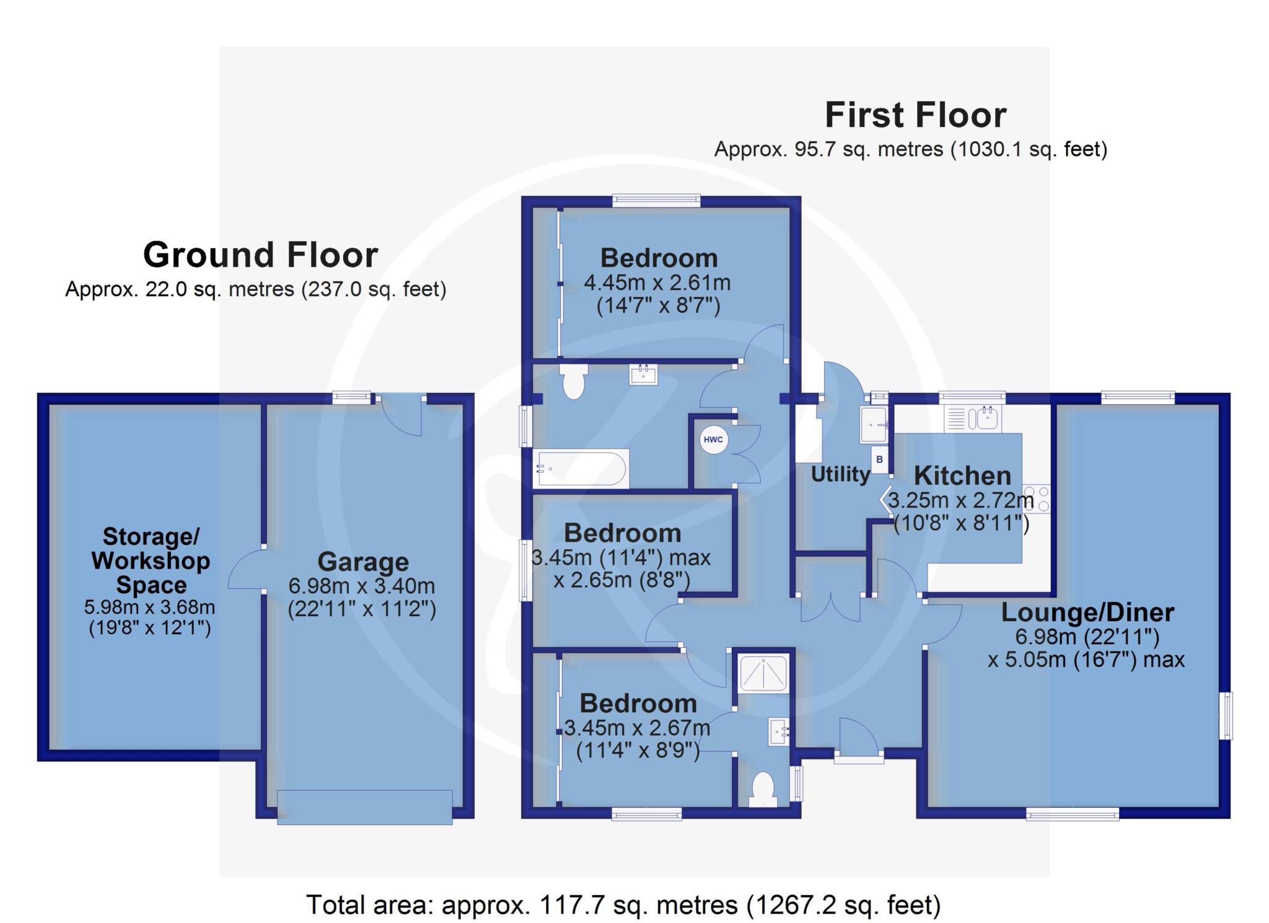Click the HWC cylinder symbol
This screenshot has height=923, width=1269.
(713, 440)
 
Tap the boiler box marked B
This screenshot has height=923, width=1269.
(879, 460)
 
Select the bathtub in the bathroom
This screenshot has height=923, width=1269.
(581, 469)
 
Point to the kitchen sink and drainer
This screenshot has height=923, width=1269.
(973, 418)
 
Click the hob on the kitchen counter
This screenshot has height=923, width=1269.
(1037, 499)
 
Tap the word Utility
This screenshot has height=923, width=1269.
(841, 474)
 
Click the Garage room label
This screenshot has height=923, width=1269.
(363, 562)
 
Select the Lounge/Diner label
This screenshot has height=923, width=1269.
(1087, 612)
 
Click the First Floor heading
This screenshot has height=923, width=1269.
(915, 115)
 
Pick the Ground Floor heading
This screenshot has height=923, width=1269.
(260, 254)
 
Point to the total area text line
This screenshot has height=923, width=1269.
(623, 905)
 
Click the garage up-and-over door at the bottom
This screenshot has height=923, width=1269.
(364, 807)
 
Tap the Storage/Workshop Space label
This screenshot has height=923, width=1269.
(151, 560)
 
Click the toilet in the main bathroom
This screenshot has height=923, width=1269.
(574, 381)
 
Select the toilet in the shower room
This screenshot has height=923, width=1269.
(763, 790)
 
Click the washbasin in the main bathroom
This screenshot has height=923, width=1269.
(643, 374)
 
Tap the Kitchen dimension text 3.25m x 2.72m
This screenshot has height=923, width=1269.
(961, 500)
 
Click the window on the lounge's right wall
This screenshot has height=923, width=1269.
(1226, 715)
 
